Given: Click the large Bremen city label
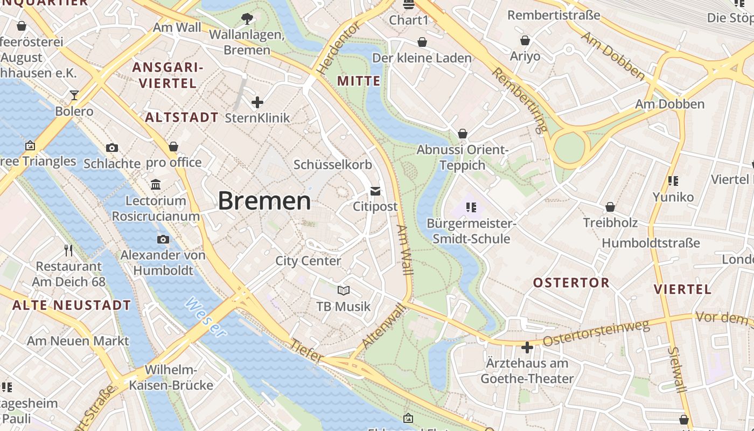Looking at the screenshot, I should pos(264,201).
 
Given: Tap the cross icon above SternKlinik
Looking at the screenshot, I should pos(257,102).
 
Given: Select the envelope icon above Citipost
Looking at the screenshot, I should pos(375,191).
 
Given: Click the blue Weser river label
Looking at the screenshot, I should pos(205,318).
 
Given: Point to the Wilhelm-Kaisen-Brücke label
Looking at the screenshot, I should pos(172,378).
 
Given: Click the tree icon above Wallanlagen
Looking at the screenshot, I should pos(247,19).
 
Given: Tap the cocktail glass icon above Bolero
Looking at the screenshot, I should pos(74,95).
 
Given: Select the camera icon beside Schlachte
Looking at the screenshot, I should pos(112,148).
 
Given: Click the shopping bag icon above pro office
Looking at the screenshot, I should pos(173,147).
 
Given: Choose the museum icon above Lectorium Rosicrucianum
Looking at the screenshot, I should pos(156,185).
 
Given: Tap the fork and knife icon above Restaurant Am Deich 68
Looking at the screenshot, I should pos(68,251).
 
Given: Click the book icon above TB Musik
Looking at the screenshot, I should pos(344,291).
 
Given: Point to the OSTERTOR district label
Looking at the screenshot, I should pos(571,283).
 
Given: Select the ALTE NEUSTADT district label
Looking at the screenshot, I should pos(72,305).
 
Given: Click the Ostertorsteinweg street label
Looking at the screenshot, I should pos(596,333).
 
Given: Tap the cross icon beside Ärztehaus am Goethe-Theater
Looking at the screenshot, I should pos(527,347).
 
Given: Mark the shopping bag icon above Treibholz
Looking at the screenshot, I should pos(610,207).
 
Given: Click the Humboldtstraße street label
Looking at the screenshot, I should pos(651,243).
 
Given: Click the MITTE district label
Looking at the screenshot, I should pos(359,81).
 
